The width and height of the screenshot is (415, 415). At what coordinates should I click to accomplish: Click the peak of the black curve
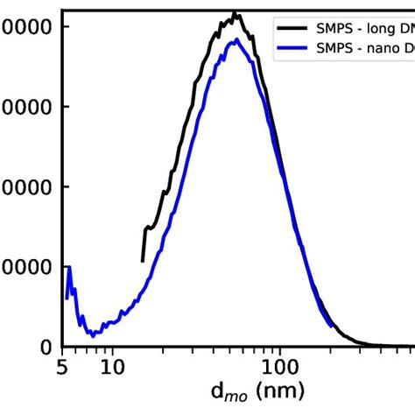click(x=235, y=14)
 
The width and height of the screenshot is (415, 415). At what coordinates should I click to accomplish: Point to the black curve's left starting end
click(x=143, y=260)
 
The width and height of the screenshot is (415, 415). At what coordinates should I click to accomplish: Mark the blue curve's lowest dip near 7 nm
click(x=89, y=334)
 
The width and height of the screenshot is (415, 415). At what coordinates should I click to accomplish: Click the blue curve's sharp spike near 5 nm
click(x=69, y=267)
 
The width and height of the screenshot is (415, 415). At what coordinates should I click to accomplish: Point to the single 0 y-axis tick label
click(x=46, y=348)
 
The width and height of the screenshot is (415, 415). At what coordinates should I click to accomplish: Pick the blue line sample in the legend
click(x=292, y=49)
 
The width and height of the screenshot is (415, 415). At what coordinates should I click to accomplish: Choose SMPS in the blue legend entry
click(x=334, y=49)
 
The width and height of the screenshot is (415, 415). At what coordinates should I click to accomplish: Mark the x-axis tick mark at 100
click(x=279, y=350)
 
